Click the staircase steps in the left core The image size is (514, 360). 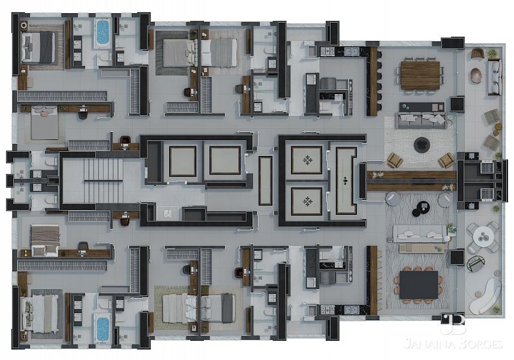click(104, 181)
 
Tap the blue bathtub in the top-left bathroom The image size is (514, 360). click(103, 32)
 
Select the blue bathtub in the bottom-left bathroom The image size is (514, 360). click(103, 329)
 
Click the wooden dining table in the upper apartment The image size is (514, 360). click(420, 76)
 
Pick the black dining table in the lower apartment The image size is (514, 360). click(419, 284)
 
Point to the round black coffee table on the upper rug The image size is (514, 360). click(422, 145)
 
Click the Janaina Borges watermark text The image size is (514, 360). click(453, 344)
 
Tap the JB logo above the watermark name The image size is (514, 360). click(453, 325)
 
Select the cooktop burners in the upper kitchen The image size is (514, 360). click(327, 51)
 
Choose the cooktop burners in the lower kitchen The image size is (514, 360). click(327, 310)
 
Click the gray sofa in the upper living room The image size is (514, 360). click(421, 120)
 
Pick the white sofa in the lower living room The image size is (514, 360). click(420, 233)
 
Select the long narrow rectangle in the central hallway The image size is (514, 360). click(265, 181)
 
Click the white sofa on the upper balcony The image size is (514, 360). click(495, 77)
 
